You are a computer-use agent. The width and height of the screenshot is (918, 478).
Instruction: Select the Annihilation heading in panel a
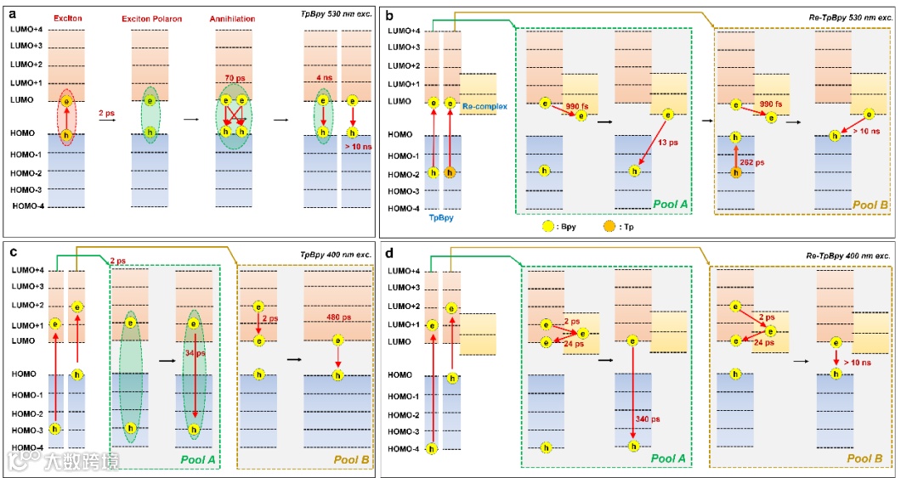232,18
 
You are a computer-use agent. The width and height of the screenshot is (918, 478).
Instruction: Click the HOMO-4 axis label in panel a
30,206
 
